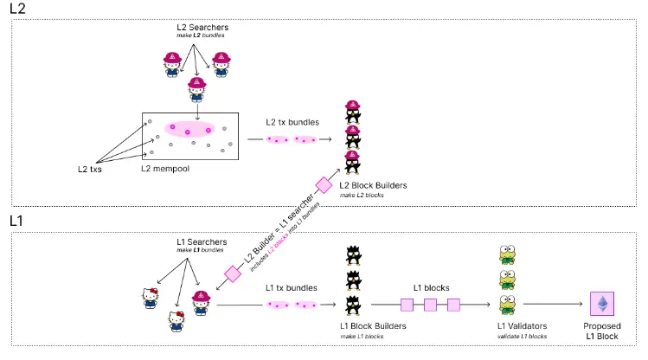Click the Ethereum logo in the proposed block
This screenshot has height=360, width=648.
[602, 304]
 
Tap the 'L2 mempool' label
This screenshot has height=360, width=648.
[165, 169]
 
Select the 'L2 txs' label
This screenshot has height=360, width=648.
[90, 169]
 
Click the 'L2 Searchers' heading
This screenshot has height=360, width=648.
[202, 28]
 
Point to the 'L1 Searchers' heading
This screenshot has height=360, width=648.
[202, 241]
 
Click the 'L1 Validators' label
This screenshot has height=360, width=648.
[522, 326]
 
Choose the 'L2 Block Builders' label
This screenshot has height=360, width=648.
[373, 185]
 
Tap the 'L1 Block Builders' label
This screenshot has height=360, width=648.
[373, 326]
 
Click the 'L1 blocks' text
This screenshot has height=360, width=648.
[432, 287]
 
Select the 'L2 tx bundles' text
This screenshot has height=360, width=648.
[292, 122]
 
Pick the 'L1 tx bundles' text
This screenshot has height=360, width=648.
[292, 287]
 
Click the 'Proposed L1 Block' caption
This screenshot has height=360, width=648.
[602, 331]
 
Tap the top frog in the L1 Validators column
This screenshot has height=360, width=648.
[507, 254]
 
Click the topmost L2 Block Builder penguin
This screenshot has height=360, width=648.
[352, 112]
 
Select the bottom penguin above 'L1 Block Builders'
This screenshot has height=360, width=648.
[353, 305]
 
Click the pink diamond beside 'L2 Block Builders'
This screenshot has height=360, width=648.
[324, 185]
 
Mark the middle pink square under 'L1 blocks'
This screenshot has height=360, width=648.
[430, 305]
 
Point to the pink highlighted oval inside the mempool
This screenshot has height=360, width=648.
[189, 129]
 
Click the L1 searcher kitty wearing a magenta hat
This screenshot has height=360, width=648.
[202, 303]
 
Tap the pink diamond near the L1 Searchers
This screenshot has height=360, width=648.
[233, 273]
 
